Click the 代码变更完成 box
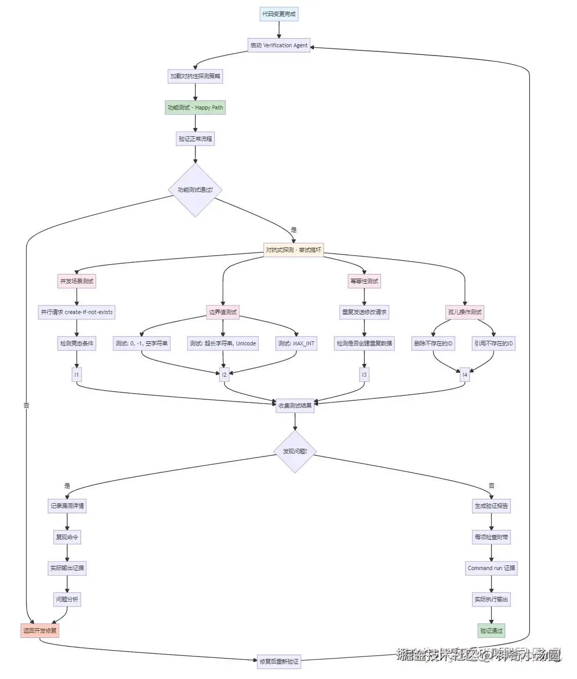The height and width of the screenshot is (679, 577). (x=279, y=14)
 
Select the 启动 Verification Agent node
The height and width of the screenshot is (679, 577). (x=279, y=45)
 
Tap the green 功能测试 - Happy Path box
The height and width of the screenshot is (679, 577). (x=195, y=107)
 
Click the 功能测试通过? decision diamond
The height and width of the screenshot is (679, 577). (x=195, y=190)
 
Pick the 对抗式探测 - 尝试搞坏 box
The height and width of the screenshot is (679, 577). (x=293, y=250)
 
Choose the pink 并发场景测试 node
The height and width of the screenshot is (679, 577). (x=77, y=281)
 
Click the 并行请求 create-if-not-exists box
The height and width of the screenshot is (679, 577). (x=77, y=312)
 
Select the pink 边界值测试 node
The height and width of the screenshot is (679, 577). (x=223, y=312)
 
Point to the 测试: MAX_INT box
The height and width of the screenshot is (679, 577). (x=296, y=343)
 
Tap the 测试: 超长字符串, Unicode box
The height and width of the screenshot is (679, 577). (x=222, y=343)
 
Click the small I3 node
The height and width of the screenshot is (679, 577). (x=364, y=375)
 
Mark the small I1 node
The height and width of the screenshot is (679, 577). (x=77, y=375)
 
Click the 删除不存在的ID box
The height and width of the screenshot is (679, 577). (x=433, y=343)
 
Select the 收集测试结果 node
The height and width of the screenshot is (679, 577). (x=295, y=405)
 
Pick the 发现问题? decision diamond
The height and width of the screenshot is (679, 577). (x=295, y=451)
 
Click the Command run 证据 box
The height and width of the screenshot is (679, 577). (x=491, y=568)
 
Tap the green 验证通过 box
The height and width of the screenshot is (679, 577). (x=491, y=630)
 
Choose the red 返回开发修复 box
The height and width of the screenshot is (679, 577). (x=40, y=630)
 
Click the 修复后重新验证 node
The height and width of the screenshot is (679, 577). (x=279, y=662)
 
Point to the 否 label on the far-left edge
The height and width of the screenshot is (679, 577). (x=26, y=406)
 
